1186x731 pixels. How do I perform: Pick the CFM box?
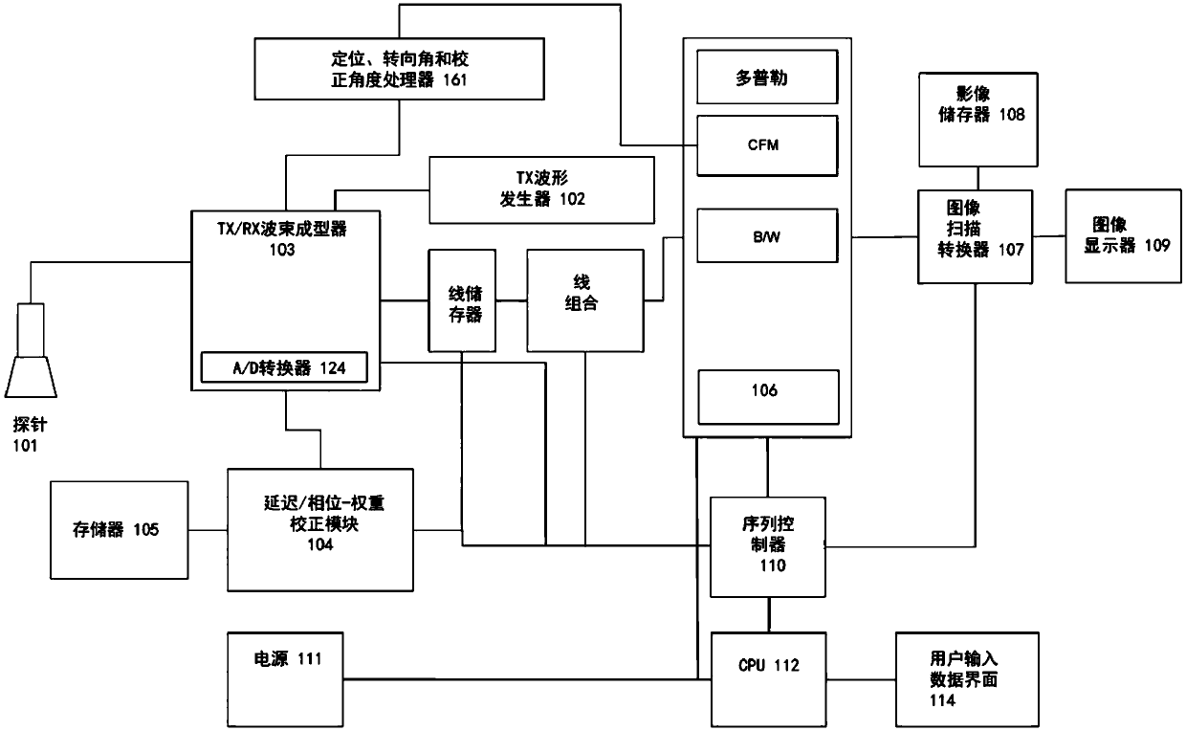tap(767, 144)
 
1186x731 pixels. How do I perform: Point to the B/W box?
tap(767, 234)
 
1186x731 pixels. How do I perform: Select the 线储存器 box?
tap(463, 301)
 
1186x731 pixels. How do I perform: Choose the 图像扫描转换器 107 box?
tap(976, 235)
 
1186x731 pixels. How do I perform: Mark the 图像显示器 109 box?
tap(1125, 234)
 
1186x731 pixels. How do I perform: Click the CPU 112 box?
tap(768, 678)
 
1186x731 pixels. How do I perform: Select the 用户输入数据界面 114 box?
tap(967, 678)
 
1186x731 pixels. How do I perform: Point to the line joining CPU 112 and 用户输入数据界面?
tap(861, 678)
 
